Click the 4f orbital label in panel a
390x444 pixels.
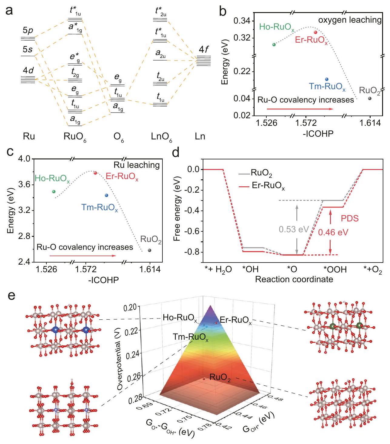click(x=204, y=49)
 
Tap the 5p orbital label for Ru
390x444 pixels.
click(x=28, y=31)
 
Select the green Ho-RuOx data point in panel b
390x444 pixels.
click(x=274, y=44)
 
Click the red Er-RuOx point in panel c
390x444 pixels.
click(x=95, y=173)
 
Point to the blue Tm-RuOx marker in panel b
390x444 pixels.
click(x=326, y=79)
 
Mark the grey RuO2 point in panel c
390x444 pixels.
click(x=149, y=250)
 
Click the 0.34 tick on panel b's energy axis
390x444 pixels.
click(x=242, y=21)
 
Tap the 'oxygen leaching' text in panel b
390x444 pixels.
click(x=349, y=20)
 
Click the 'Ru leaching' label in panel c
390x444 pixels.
click(x=136, y=165)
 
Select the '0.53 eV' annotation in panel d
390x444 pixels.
click(x=294, y=229)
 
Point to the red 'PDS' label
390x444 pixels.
click(x=350, y=218)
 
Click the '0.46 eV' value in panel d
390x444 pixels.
click(x=333, y=232)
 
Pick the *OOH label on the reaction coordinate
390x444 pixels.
click(x=335, y=269)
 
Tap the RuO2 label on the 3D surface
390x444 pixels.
click(x=220, y=378)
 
